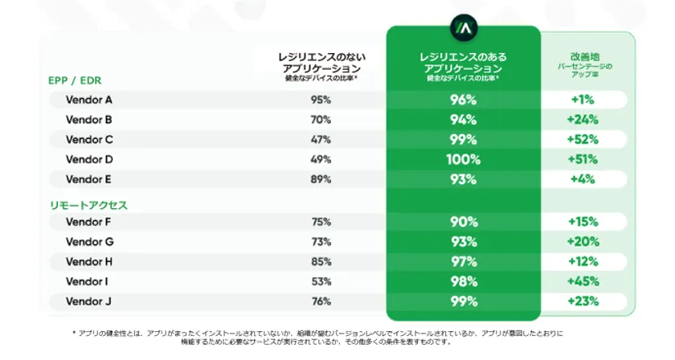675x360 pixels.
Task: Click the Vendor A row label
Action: [x=89, y=100]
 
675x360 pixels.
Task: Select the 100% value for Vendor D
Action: [x=463, y=159]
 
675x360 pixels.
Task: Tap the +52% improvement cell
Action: [x=582, y=140]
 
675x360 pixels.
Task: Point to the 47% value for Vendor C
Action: [x=321, y=140]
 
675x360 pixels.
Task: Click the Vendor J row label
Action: [x=88, y=301]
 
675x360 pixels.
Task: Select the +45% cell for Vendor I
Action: [x=582, y=281]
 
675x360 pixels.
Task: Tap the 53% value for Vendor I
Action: [x=321, y=281]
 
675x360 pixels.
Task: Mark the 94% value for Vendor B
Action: [x=463, y=121]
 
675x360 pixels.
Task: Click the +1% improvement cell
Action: [x=582, y=100]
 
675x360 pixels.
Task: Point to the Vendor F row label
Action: [x=88, y=223]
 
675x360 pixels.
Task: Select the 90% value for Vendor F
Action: [x=463, y=223]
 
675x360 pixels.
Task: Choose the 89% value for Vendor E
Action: [x=321, y=179]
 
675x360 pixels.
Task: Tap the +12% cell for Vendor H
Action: [x=582, y=262]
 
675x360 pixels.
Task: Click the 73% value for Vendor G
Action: [x=321, y=242]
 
